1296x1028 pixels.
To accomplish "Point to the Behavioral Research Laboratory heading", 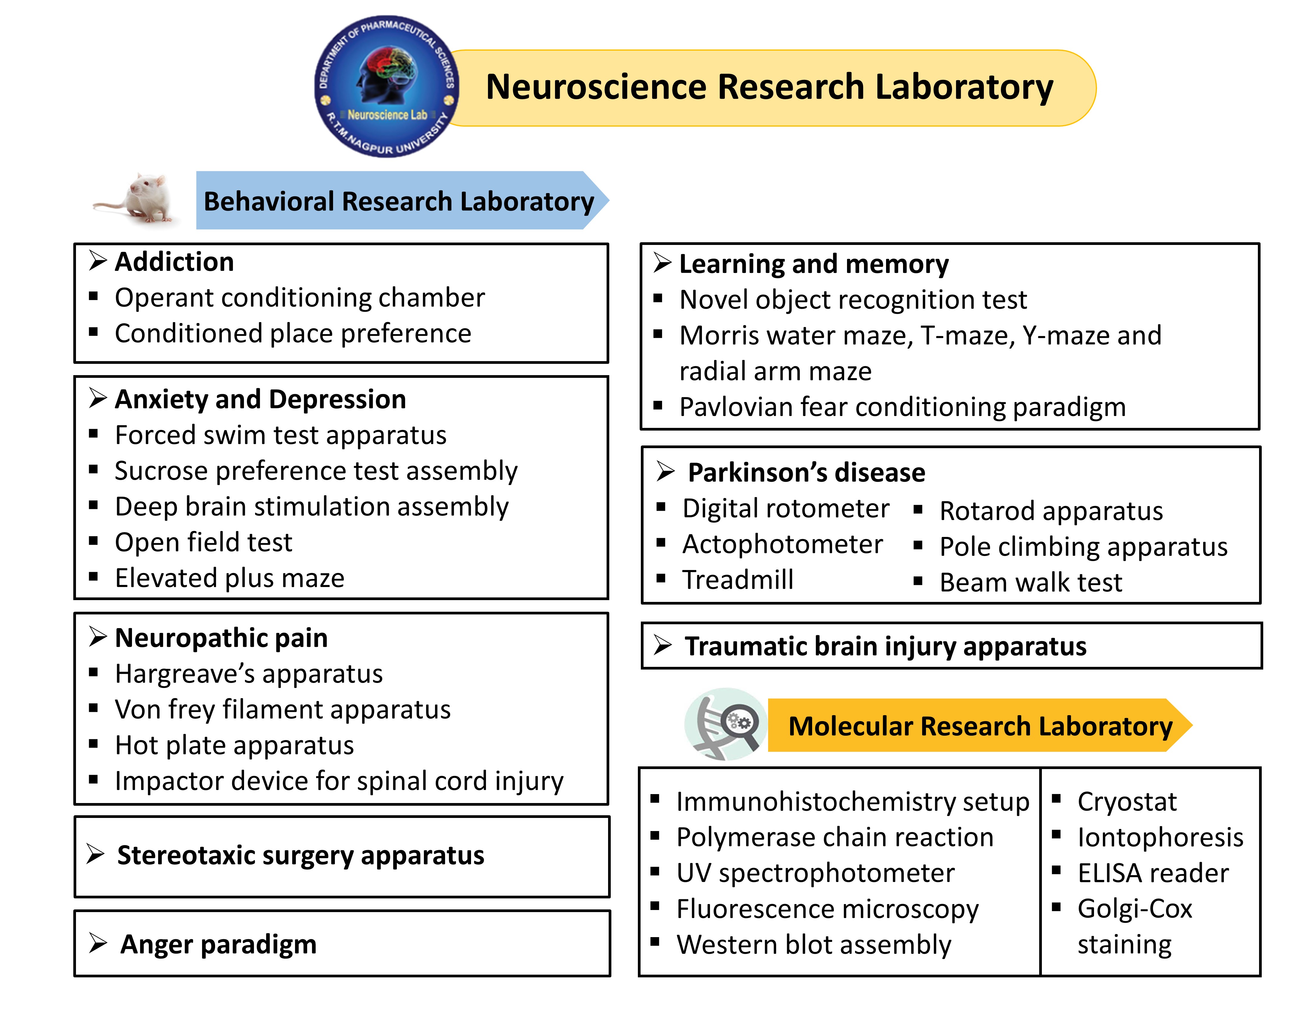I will click(399, 201).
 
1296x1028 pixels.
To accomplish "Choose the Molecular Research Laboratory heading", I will click(980, 726).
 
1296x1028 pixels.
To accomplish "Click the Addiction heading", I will click(174, 262).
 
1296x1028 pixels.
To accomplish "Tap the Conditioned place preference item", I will click(293, 334).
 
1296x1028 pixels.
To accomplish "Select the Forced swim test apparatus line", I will click(280, 435).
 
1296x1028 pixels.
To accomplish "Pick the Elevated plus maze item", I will click(230, 578).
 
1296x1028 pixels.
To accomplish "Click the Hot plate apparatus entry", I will click(234, 746).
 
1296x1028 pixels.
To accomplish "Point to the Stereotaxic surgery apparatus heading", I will click(301, 855).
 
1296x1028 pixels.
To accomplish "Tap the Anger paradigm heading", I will click(218, 945).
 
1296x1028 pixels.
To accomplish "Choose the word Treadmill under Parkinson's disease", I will click(738, 580).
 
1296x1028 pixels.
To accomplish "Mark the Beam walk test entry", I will click(1030, 583).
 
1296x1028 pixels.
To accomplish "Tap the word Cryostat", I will click(1126, 802).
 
